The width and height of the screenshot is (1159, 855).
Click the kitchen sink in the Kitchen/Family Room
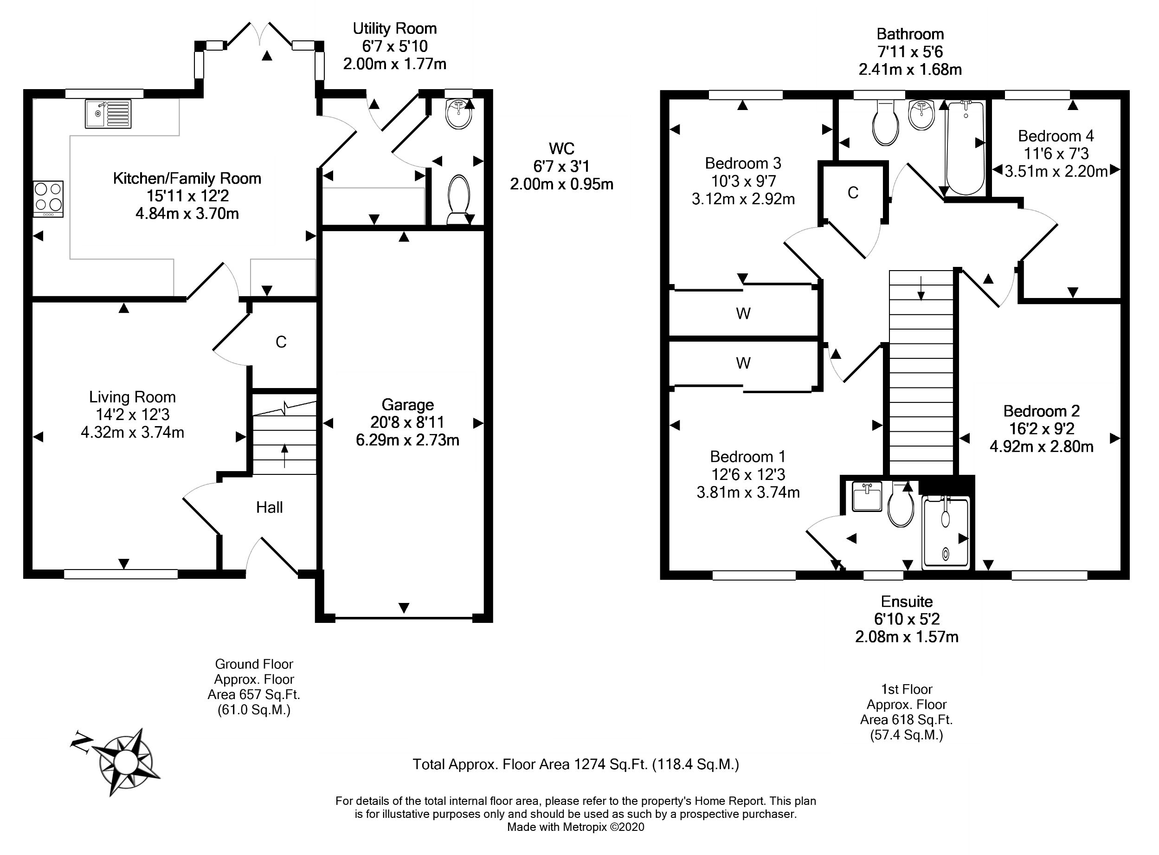(108, 114)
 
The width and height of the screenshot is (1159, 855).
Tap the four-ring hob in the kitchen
(49, 199)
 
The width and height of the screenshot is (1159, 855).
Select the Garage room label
(407, 405)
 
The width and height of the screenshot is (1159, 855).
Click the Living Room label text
(132, 397)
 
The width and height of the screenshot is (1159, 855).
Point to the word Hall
(270, 507)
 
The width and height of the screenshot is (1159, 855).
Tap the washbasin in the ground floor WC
(458, 115)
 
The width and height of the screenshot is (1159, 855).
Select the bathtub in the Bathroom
(965, 148)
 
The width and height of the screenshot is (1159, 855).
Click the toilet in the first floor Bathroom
(884, 123)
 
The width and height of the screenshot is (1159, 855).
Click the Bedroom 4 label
(1056, 136)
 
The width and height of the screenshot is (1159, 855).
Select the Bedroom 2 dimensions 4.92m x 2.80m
(1041, 446)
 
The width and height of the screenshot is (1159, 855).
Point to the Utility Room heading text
(395, 28)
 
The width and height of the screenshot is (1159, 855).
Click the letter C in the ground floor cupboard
(281, 342)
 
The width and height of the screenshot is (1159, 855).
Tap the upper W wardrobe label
(743, 313)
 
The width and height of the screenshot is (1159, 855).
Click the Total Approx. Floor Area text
(576, 764)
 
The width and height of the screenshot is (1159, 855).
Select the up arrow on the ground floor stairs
(284, 455)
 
